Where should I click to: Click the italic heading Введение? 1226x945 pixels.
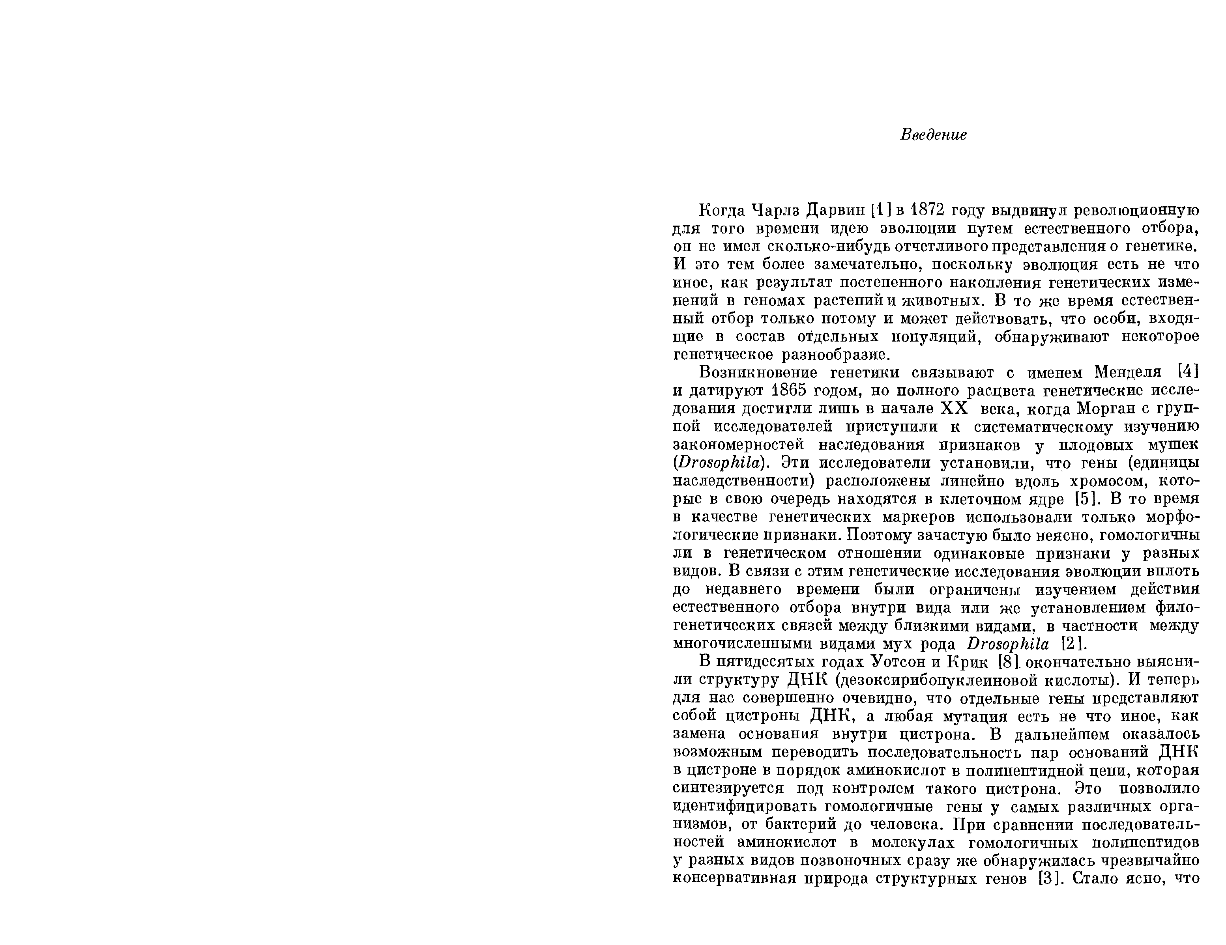(x=934, y=135)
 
